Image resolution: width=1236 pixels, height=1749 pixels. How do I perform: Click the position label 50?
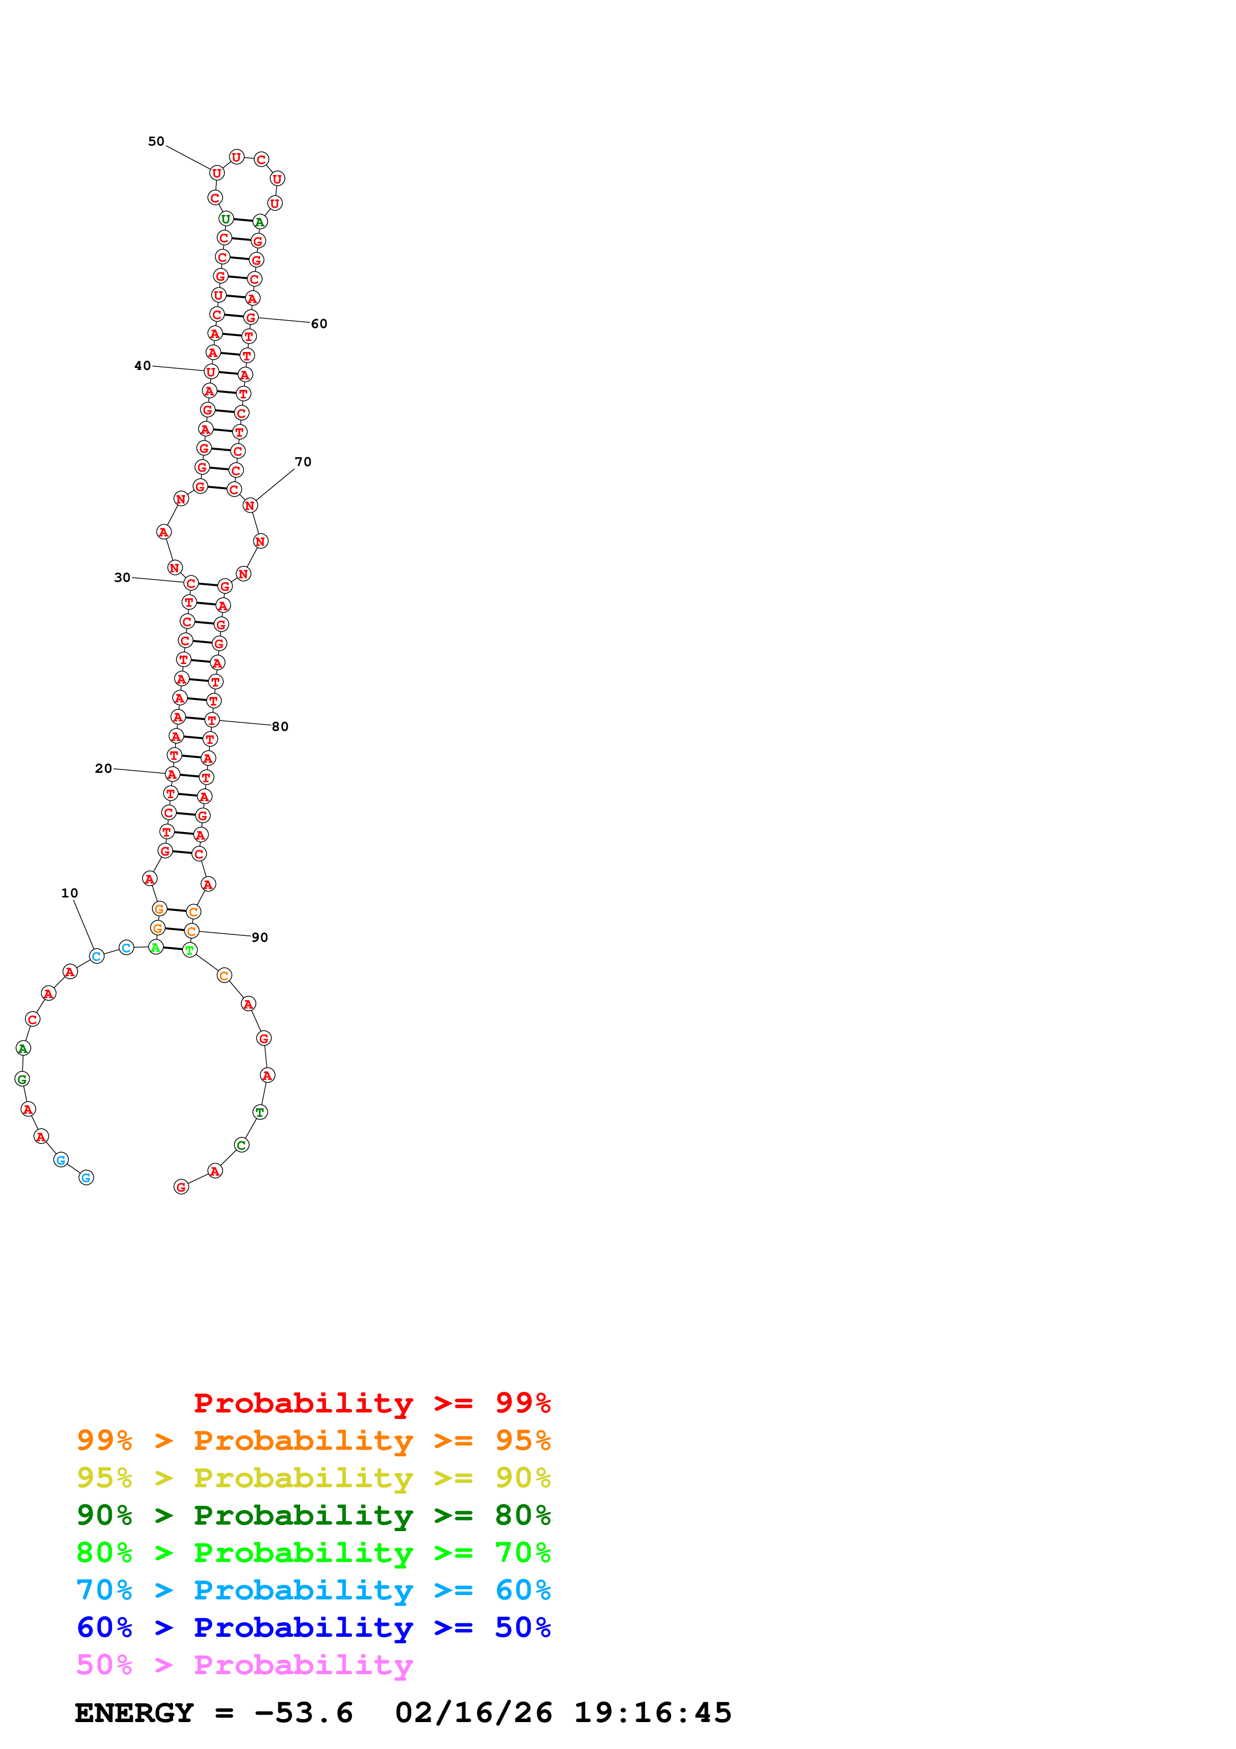point(156,142)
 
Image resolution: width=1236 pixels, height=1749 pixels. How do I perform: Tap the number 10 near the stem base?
point(69,893)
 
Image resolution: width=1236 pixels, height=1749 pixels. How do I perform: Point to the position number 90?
point(260,938)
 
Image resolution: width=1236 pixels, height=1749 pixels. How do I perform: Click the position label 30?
point(122,577)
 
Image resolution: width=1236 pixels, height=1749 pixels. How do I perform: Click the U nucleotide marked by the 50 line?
point(216,173)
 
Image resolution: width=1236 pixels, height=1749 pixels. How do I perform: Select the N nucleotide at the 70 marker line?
point(250,505)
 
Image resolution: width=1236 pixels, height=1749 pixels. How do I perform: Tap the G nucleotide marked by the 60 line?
point(251,318)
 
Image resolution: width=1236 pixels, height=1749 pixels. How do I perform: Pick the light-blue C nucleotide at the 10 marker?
point(96,956)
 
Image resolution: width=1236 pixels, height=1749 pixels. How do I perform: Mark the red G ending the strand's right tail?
point(181,1187)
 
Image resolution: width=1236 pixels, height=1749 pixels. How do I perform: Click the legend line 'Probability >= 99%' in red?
point(371,1403)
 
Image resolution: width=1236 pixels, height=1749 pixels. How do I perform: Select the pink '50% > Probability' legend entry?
point(244,1665)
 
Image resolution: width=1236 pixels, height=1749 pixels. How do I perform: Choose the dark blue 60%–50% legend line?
point(313,1628)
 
